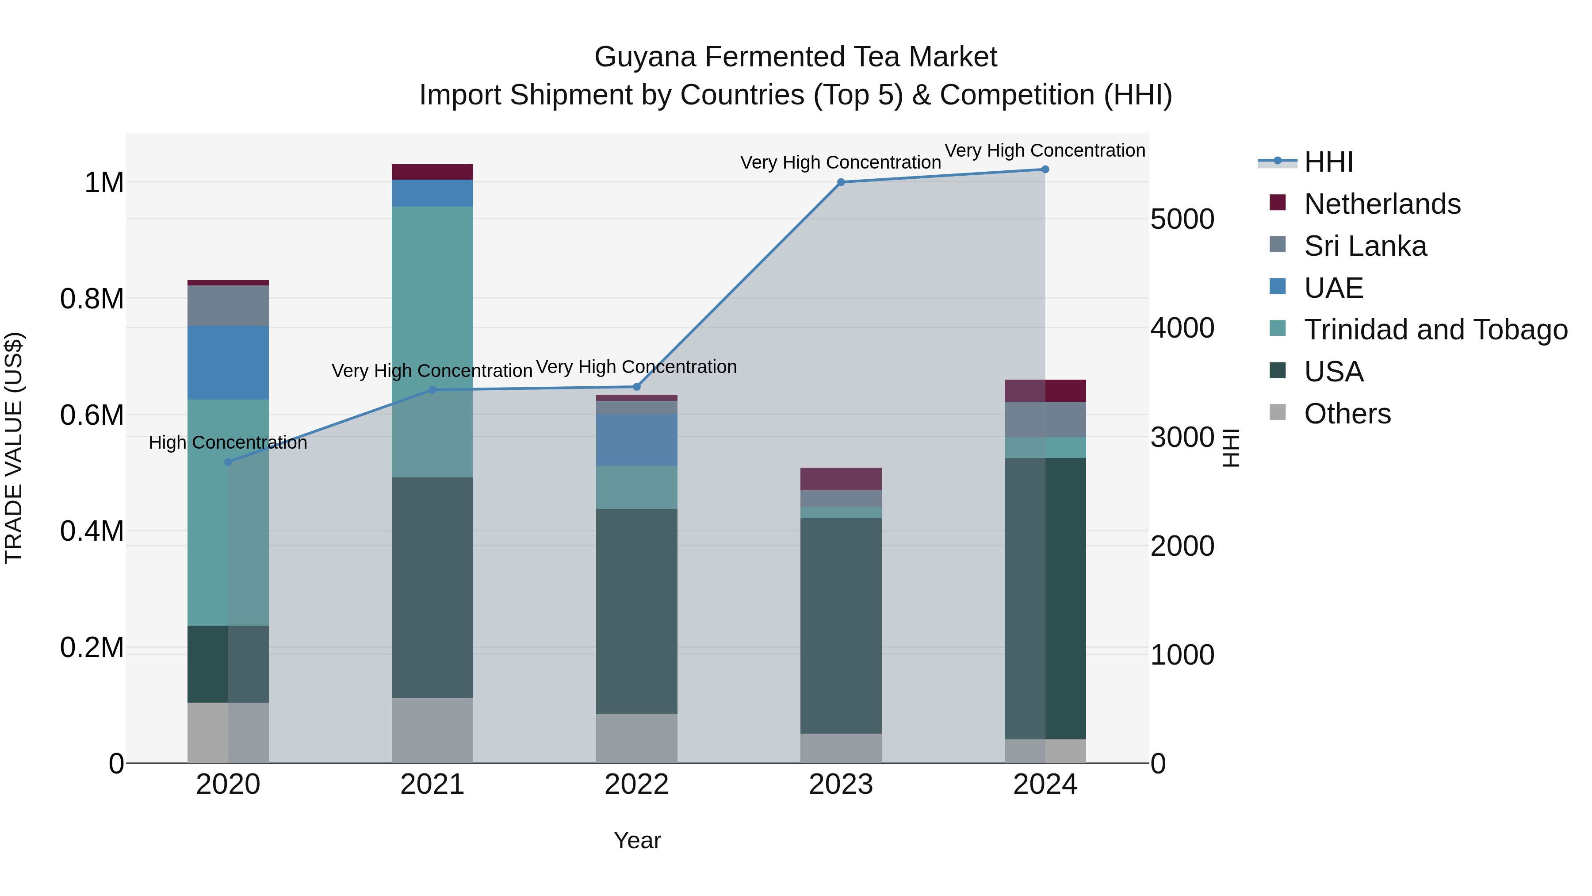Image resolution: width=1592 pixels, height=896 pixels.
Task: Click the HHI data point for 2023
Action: pyautogui.click(x=841, y=182)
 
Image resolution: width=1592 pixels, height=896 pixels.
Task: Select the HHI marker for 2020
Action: pyautogui.click(x=228, y=462)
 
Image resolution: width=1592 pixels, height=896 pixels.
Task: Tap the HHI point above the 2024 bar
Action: pyautogui.click(x=1045, y=169)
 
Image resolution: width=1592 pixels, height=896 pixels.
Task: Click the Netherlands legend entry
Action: pyautogui.click(x=1382, y=204)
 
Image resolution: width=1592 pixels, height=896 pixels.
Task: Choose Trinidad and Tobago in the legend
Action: pyautogui.click(x=1435, y=330)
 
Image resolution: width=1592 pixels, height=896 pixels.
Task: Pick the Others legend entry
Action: pyautogui.click(x=1347, y=414)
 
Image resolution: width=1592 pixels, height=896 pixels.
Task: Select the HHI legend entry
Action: pyautogui.click(x=1329, y=162)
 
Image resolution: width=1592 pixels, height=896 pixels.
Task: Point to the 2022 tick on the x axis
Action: pyautogui.click(x=636, y=784)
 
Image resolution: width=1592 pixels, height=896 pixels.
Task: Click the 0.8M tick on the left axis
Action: pyautogui.click(x=92, y=299)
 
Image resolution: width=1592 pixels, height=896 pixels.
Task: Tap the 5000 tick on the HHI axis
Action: pyautogui.click(x=1182, y=219)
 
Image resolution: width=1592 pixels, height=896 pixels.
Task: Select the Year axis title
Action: pyautogui.click(x=637, y=840)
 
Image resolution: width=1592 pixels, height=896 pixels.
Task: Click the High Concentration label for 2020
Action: pyautogui.click(x=228, y=443)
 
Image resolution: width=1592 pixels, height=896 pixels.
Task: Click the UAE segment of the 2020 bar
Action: pyautogui.click(x=228, y=362)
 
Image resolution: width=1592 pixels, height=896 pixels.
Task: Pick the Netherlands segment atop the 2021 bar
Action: pyautogui.click(x=432, y=172)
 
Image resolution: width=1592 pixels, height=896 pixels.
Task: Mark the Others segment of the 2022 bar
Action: pyautogui.click(x=636, y=738)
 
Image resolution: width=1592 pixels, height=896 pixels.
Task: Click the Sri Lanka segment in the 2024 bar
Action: pyautogui.click(x=1045, y=419)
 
